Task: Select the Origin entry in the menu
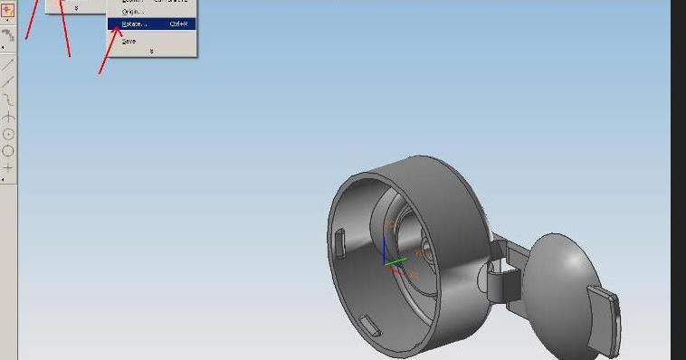[x=132, y=11]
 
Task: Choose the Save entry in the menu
[x=129, y=41]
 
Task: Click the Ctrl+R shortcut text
[x=178, y=24]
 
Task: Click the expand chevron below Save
[x=150, y=52]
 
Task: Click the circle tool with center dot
[x=8, y=134]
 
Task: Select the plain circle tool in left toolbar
[x=8, y=151]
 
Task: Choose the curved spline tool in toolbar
[x=8, y=99]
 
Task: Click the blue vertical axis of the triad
[x=385, y=251]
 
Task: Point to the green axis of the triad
[x=396, y=262]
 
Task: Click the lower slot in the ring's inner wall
[x=368, y=323]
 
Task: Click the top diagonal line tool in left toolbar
[x=8, y=65]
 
